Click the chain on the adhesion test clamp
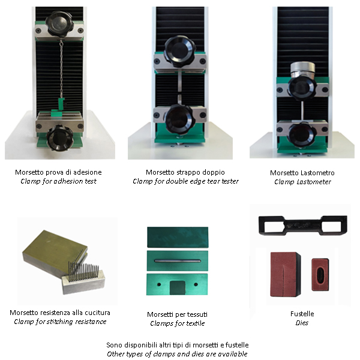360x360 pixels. [61, 69]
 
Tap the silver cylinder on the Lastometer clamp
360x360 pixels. [302, 70]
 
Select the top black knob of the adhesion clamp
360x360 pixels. [59, 23]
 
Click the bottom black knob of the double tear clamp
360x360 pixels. [179, 118]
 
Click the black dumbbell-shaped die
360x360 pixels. [302, 225]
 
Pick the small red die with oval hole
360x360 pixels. [320, 275]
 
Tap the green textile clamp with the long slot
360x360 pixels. [178, 261]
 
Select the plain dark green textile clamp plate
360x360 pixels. [178, 237]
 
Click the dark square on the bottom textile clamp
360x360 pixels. [178, 287]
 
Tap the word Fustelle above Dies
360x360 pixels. [302, 314]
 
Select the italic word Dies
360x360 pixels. [302, 323]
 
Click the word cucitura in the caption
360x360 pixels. [97, 313]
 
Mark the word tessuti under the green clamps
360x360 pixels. [197, 314]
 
